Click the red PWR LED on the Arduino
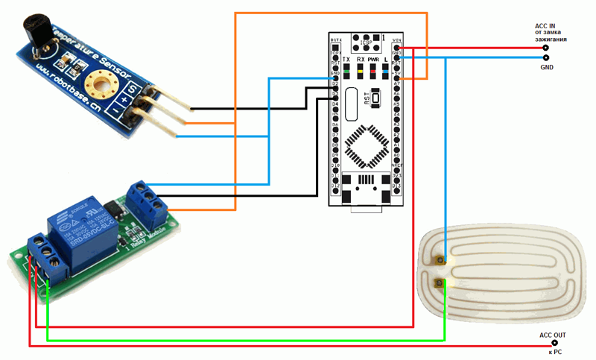tap(372, 72)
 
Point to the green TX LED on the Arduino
tap(347, 72)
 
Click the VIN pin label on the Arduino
tap(397, 39)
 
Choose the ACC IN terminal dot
tap(545, 48)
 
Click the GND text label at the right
tap(546, 68)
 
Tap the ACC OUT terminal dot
tap(553, 345)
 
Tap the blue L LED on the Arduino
tap(385, 72)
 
